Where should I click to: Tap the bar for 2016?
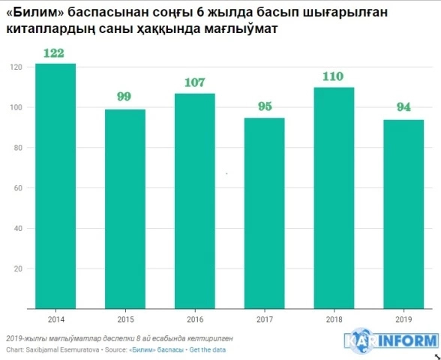coord(194,200)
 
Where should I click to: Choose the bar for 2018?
coord(333,197)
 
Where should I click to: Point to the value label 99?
coord(124,97)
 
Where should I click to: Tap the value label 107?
coord(194,82)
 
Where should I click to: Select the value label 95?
coord(263,106)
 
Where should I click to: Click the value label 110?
coord(333,76)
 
